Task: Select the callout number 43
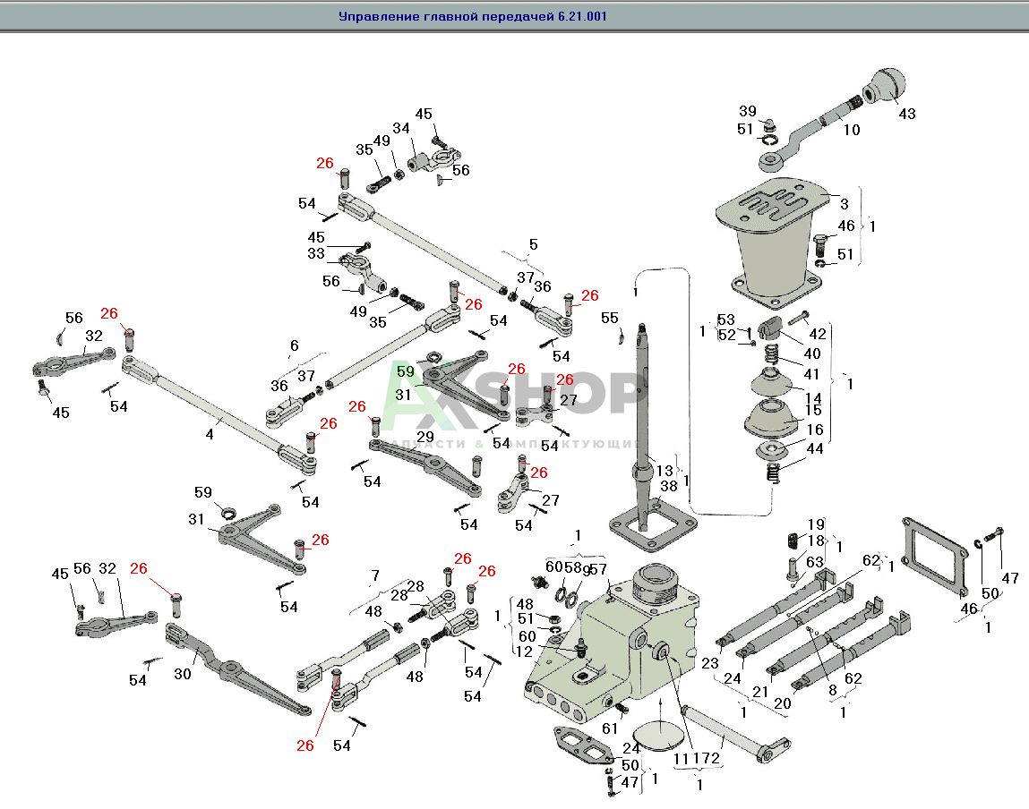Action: point(907,115)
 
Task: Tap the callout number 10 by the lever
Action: point(851,130)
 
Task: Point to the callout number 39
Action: point(748,111)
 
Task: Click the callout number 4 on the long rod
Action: point(210,434)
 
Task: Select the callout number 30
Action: point(183,674)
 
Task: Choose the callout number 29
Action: point(425,436)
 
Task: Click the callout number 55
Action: point(609,318)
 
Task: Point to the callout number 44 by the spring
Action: point(814,447)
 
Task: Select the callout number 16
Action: point(814,430)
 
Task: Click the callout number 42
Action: point(817,334)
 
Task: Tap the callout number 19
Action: point(815,524)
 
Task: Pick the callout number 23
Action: point(710,663)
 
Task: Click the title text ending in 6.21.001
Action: point(473,16)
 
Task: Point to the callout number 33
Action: point(315,254)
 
